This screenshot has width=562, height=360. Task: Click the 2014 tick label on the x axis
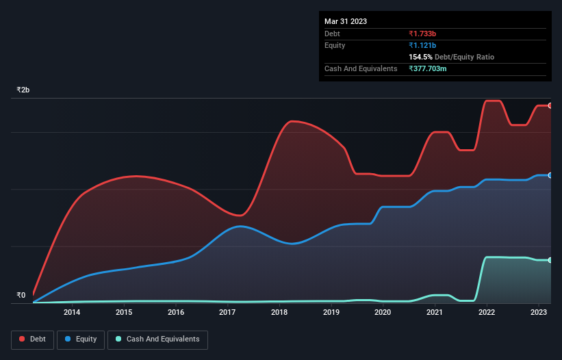click(x=72, y=313)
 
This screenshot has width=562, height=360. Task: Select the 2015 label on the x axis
click(x=124, y=313)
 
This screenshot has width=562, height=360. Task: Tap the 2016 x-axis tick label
click(x=176, y=313)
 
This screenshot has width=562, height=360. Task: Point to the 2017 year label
click(x=227, y=313)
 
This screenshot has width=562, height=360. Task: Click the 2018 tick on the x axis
click(x=279, y=313)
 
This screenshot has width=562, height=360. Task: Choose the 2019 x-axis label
click(x=331, y=313)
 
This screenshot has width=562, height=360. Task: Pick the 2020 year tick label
click(x=383, y=313)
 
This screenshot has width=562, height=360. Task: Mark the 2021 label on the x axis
click(x=435, y=313)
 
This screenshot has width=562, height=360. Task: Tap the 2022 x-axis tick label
click(x=487, y=313)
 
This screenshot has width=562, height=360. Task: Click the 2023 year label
click(x=539, y=313)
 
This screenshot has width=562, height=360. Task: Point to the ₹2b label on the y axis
click(x=23, y=90)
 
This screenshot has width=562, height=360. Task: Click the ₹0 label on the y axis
click(x=21, y=296)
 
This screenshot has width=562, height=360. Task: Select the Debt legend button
click(x=31, y=339)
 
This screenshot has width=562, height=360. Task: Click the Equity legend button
click(x=81, y=339)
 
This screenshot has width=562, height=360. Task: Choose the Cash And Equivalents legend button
click(x=157, y=339)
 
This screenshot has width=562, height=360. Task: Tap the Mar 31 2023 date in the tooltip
click(x=346, y=21)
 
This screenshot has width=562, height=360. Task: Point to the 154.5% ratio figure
click(x=421, y=57)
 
